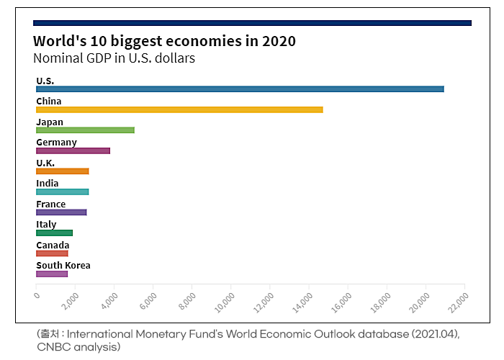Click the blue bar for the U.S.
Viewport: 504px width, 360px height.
[240, 89]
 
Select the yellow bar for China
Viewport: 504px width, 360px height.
[179, 109]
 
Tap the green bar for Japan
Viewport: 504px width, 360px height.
[85, 130]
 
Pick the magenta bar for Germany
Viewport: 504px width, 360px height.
[73, 150]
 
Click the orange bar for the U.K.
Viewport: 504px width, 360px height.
[62, 171]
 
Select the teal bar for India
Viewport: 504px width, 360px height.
[62, 192]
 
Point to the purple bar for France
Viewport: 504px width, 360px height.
[61, 212]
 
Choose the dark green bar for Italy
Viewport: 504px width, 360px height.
[54, 233]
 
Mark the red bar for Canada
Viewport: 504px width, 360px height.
[52, 253]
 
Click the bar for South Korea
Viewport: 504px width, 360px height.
[52, 274]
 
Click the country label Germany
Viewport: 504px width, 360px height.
[56, 143]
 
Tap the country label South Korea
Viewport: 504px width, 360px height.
[63, 266]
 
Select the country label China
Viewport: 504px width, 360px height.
[49, 102]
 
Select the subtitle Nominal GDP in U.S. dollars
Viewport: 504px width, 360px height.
[114, 58]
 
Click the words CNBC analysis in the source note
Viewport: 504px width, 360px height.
[78, 348]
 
